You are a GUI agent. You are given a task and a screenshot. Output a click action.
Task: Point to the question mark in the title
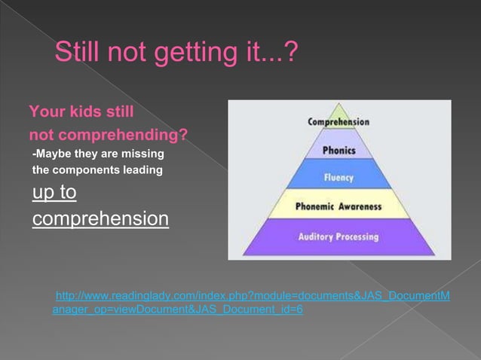(290, 53)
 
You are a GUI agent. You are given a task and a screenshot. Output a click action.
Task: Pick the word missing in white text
(142, 154)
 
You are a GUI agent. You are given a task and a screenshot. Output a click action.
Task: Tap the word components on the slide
(82, 170)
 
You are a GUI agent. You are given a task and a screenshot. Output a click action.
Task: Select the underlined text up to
(54, 193)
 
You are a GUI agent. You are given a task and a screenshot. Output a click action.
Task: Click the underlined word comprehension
(100, 219)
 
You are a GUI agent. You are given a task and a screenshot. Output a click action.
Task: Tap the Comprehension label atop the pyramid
(339, 121)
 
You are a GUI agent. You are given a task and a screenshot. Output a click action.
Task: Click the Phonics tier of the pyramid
(339, 150)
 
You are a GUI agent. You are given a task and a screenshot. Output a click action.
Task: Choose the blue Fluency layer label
(339, 178)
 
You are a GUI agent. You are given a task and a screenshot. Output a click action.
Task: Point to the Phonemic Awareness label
(339, 206)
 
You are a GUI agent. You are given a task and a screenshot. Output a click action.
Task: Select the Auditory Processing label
(339, 236)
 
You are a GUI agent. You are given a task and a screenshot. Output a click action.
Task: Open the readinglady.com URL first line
(253, 295)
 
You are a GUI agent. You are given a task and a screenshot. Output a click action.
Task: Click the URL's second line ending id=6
(178, 309)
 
